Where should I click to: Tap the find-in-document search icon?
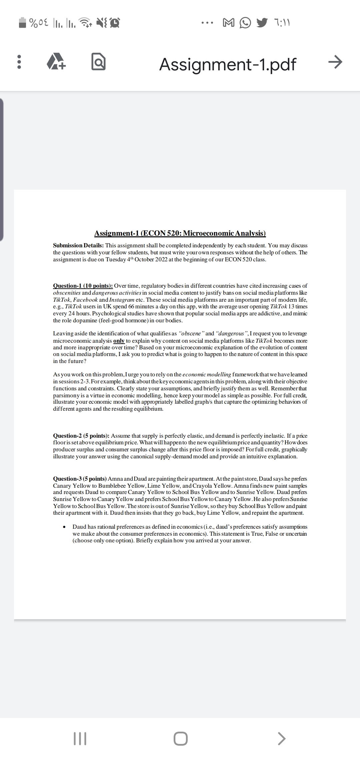[99, 62]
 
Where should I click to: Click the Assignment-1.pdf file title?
[228, 64]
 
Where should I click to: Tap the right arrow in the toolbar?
[335, 62]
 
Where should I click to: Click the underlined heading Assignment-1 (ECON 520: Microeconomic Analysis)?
[180, 233]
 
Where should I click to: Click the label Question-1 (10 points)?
[83, 286]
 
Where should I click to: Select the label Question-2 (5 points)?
[81, 436]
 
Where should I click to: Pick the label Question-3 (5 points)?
[80, 478]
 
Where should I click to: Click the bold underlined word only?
[119, 341]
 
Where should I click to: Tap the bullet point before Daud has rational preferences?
[63, 527]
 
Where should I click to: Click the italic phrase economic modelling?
[207, 375]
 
